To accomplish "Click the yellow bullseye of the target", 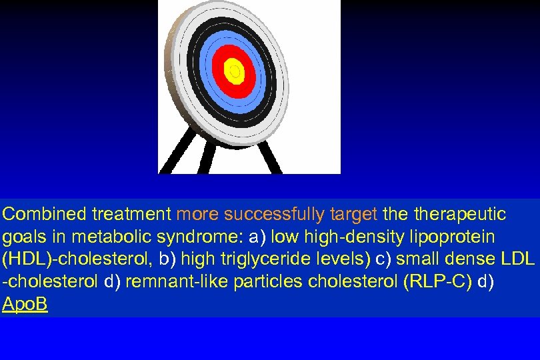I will (x=234, y=70).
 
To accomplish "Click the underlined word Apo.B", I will (x=25, y=305).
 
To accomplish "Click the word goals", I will (x=20, y=237).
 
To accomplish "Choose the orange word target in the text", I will (x=353, y=214).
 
